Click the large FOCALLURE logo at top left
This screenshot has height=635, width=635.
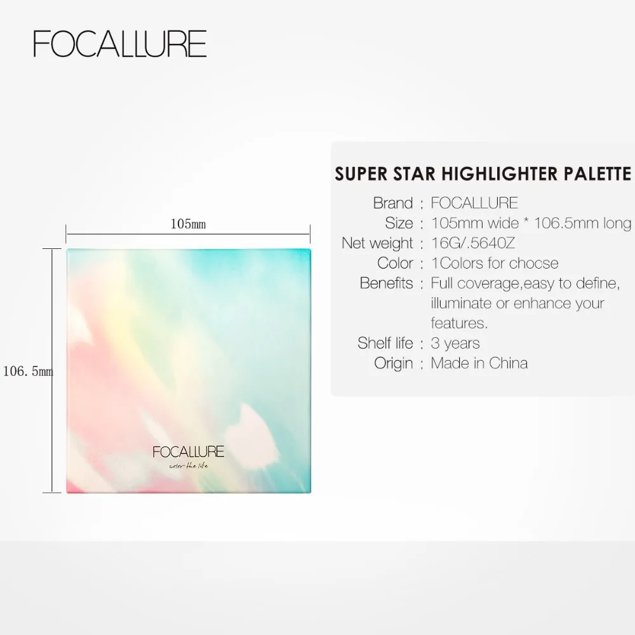120,44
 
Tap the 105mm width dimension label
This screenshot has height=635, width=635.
188,224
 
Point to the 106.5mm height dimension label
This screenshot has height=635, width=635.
28,371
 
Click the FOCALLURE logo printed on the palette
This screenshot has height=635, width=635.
189,452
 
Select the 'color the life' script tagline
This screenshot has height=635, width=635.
188,468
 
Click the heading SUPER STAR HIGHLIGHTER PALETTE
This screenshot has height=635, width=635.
483,174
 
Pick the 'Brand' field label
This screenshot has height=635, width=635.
392,203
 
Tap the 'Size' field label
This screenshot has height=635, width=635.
399,223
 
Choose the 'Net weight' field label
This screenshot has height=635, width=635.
377,243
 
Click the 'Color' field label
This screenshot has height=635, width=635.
395,263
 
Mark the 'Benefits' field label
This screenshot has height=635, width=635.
386,283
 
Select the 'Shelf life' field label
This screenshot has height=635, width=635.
385,343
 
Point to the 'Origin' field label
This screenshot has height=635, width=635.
393,363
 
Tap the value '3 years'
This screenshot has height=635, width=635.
455,343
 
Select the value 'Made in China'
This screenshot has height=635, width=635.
479,363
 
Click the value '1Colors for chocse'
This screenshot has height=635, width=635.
495,263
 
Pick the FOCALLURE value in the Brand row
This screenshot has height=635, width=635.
474,203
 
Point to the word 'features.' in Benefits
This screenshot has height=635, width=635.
459,323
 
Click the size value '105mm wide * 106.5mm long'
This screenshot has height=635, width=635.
531,223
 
